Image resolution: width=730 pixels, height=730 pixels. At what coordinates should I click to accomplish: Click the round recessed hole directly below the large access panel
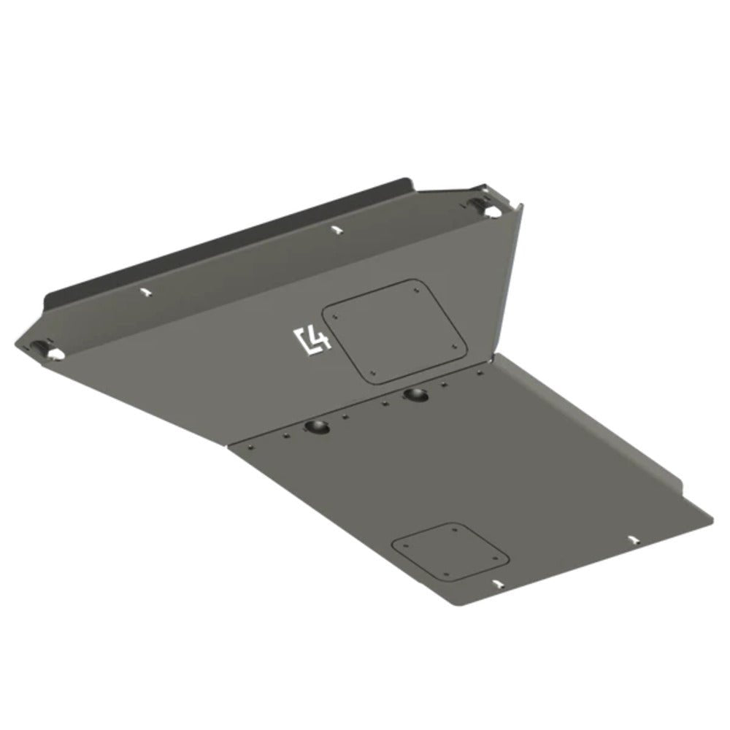pos(418,395)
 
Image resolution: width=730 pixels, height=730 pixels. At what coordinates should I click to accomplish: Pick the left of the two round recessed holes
pos(318,426)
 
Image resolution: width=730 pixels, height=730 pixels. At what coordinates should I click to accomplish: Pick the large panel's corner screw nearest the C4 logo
pos(334,316)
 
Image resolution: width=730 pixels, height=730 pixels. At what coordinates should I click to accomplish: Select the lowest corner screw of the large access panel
pos(373,373)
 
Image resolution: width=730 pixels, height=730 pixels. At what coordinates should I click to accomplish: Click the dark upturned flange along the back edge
pos(219,241)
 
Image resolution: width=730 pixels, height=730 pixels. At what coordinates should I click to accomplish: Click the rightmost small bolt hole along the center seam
pos(480,372)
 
